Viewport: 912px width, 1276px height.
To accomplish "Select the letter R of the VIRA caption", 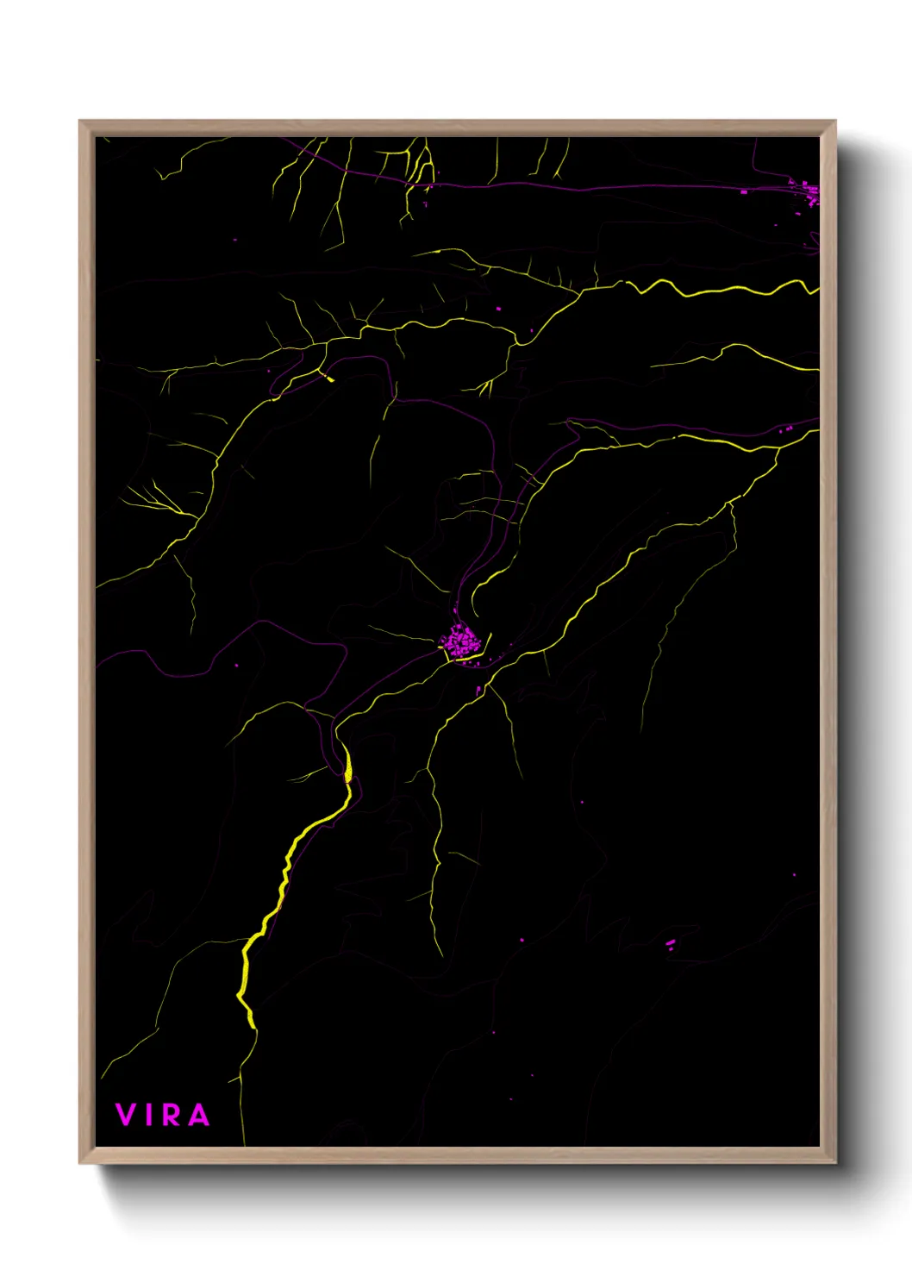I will coord(172,1115).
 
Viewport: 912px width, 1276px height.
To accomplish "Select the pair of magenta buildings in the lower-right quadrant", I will coord(670,944).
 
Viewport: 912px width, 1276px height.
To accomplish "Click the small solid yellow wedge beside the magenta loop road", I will coord(328,377).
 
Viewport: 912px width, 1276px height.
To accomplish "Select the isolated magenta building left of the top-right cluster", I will coord(744,191).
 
